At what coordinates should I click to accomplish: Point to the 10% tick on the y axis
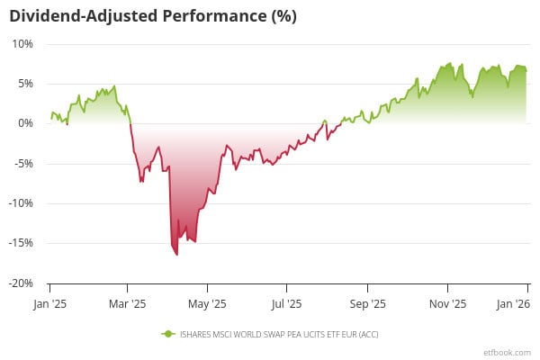pos(23,43)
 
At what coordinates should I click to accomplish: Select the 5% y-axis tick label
pos(25,84)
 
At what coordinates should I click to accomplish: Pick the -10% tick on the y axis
pos(22,203)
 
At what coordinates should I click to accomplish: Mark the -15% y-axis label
pos(22,243)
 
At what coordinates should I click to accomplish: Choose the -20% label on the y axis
pos(22,283)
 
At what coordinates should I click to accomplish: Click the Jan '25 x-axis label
pos(49,304)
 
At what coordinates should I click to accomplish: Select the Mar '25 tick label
pos(128,304)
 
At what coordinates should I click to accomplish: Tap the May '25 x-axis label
pos(208,304)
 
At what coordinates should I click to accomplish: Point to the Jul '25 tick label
pos(286,304)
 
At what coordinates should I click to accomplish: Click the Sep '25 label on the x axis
pos(367,304)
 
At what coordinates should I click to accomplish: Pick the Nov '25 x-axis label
pos(447,304)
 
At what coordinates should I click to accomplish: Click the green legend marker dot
pos(166,334)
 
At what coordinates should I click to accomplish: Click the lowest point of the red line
pos(176,255)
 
